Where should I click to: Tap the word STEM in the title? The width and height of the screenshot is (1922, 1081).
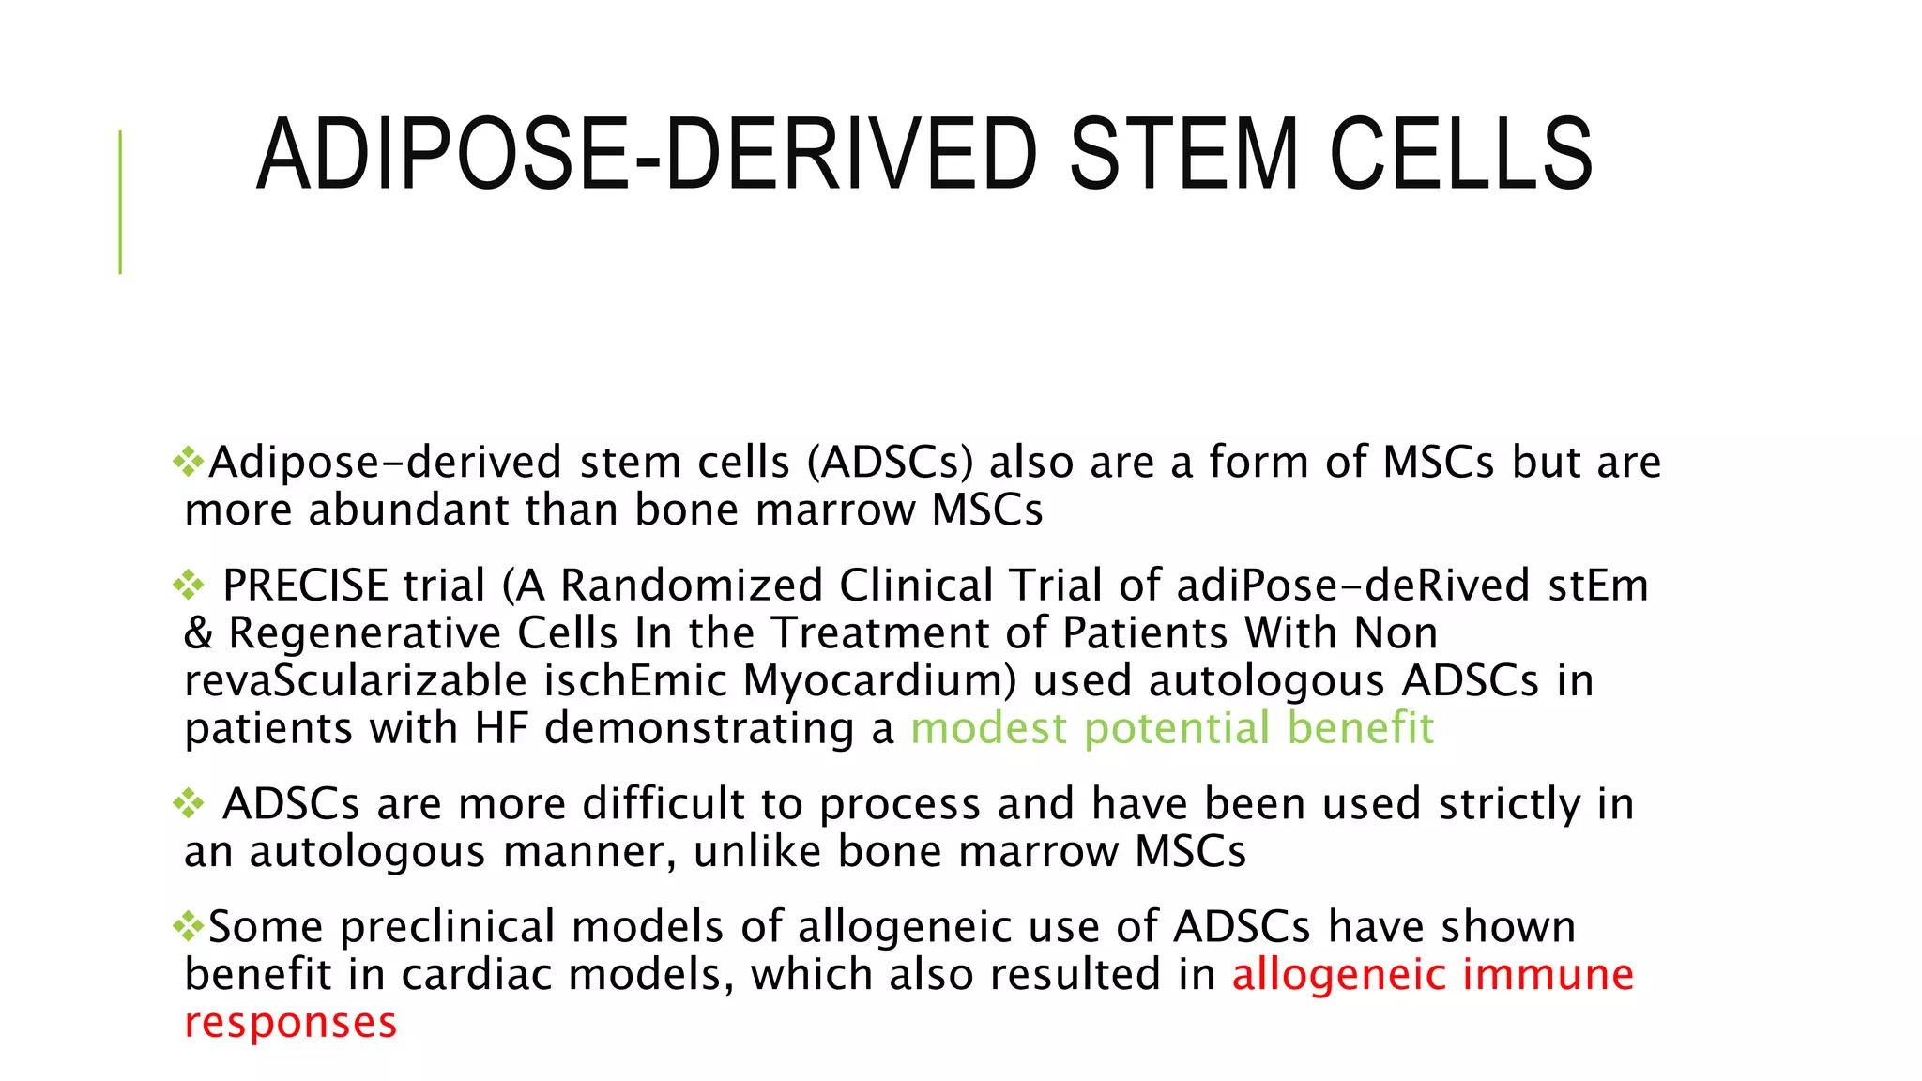coord(1184,155)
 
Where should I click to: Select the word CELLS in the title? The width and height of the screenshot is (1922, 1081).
coord(1461,155)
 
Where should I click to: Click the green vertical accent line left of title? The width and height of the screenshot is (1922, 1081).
coord(120,202)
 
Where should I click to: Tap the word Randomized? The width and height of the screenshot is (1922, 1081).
coord(692,586)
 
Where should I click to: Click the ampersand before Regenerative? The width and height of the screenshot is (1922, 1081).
coord(198,633)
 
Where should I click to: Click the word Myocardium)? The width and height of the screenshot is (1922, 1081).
coord(879,681)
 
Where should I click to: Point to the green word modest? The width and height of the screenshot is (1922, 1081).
coord(988,729)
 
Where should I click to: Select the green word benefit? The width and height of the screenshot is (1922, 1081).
coord(1360,729)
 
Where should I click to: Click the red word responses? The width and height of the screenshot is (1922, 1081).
coord(291,1023)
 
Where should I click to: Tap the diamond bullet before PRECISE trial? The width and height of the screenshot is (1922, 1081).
coord(189,586)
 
